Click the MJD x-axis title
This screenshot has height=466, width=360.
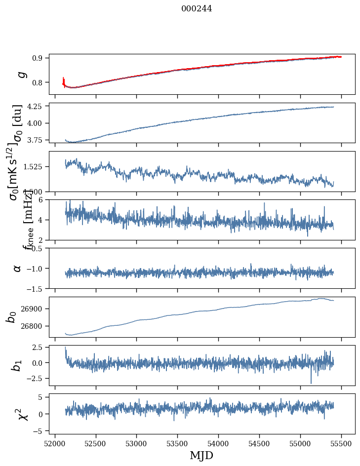coord(201,455)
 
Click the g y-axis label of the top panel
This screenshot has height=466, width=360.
coord(21,74)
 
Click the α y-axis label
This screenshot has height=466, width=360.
coord(18,268)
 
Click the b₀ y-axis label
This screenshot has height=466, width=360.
coord(12,317)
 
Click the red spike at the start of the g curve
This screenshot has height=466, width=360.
coord(64,80)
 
